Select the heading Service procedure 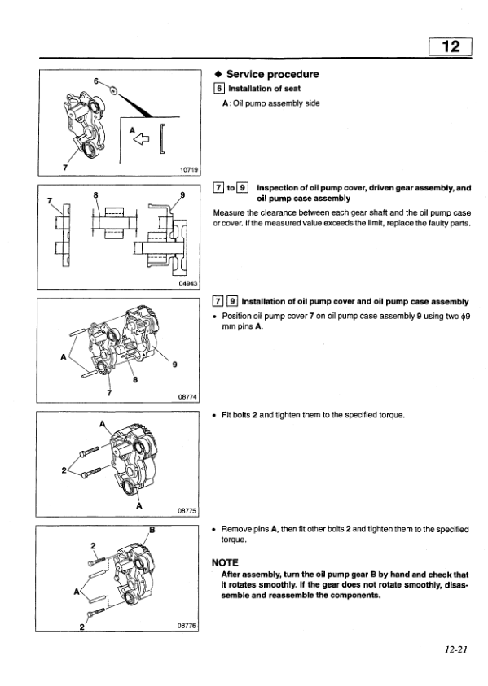point(272,74)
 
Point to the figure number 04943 point(188,283)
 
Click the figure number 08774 point(188,396)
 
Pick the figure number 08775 point(188,510)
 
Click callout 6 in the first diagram point(96,81)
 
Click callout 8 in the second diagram point(96,195)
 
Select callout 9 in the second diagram point(182,195)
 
